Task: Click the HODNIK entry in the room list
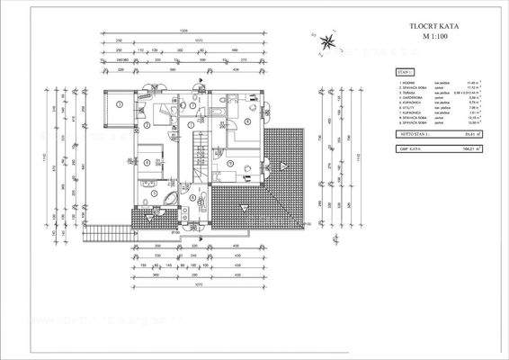pos(410,82)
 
